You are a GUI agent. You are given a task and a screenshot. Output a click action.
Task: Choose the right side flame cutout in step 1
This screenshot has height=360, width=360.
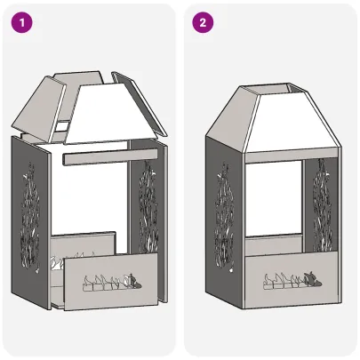[x=146, y=213]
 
